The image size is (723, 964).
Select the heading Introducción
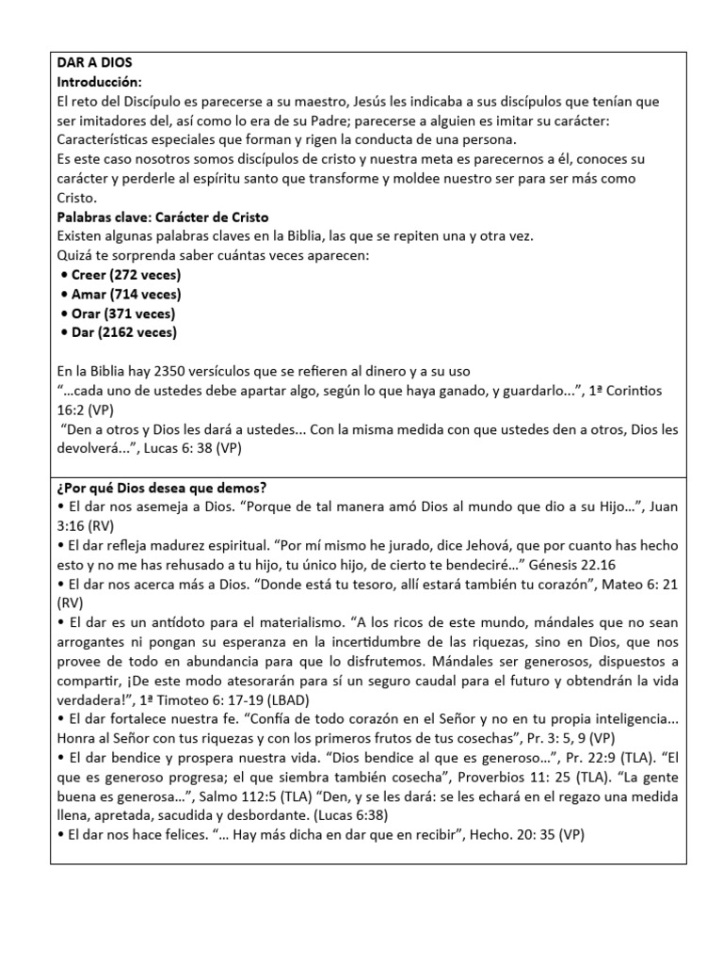pos(100,83)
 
